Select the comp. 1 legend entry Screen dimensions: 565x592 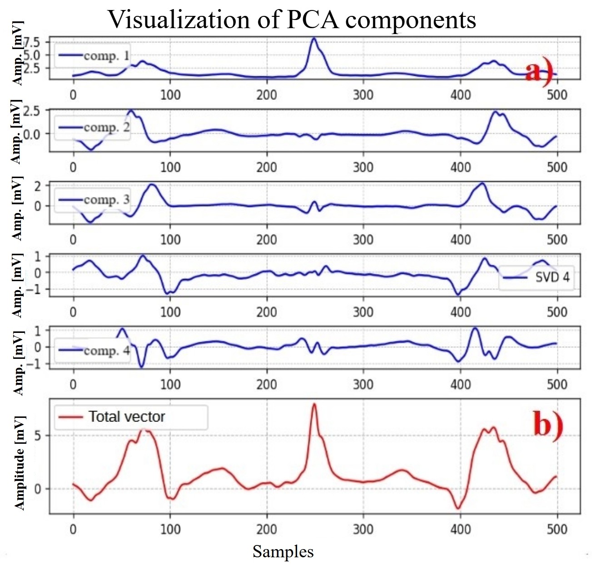94,56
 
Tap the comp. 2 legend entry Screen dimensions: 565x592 94,128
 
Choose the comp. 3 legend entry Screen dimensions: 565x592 94,200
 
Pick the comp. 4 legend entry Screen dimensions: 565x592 94,351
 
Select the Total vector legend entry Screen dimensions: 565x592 111,416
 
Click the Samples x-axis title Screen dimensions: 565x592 283,551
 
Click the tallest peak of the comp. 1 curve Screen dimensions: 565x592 313,39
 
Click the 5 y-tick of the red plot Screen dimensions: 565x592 37,436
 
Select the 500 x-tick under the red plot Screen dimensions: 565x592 557,529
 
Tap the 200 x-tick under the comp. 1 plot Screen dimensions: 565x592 266,94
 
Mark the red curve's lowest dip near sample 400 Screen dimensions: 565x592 458,508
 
